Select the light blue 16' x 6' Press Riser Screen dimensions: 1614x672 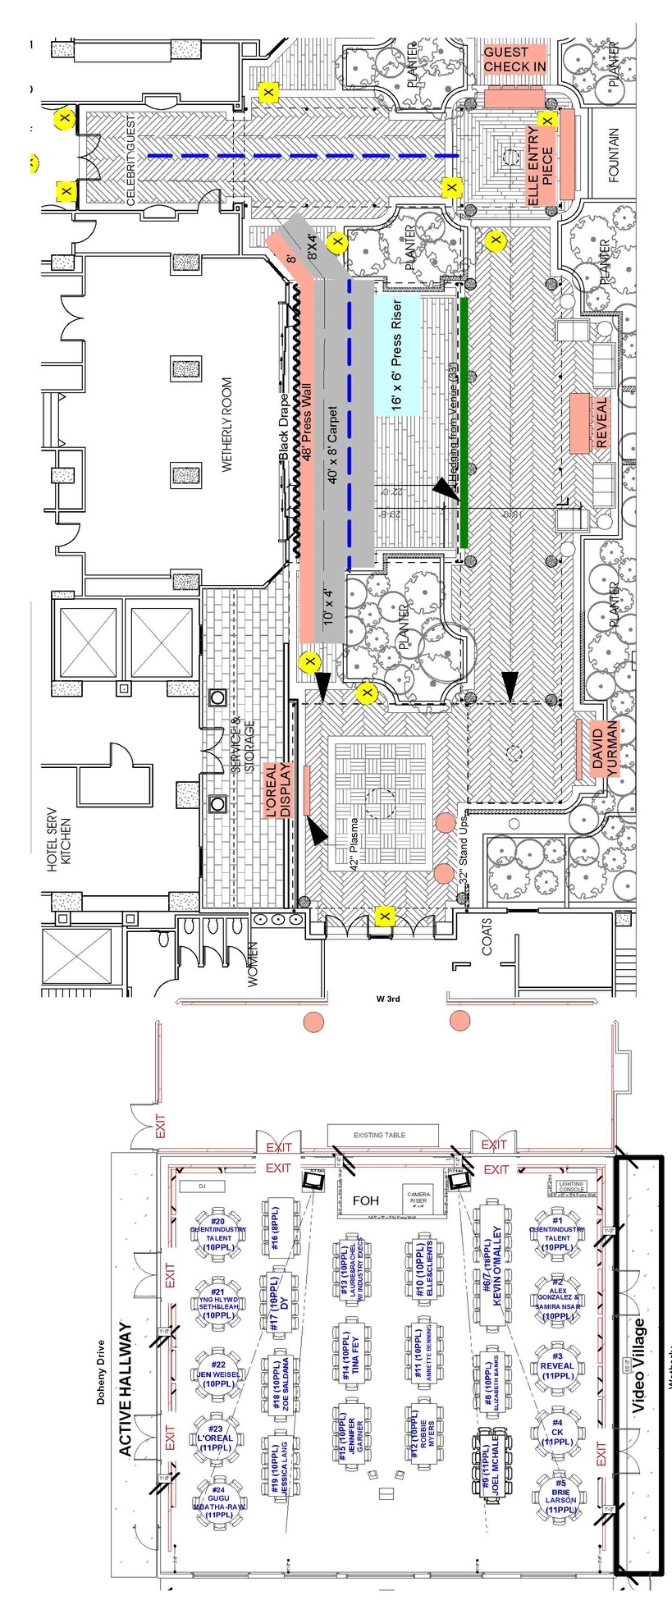[398, 356]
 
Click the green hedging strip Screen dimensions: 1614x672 [464, 422]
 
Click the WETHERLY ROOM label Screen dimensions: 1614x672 [227, 424]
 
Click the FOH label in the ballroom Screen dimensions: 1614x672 [365, 1200]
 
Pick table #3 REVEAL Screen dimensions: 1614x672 [557, 1364]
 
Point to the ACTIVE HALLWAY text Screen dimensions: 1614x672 [126, 1388]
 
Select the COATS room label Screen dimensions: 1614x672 [487, 946]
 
